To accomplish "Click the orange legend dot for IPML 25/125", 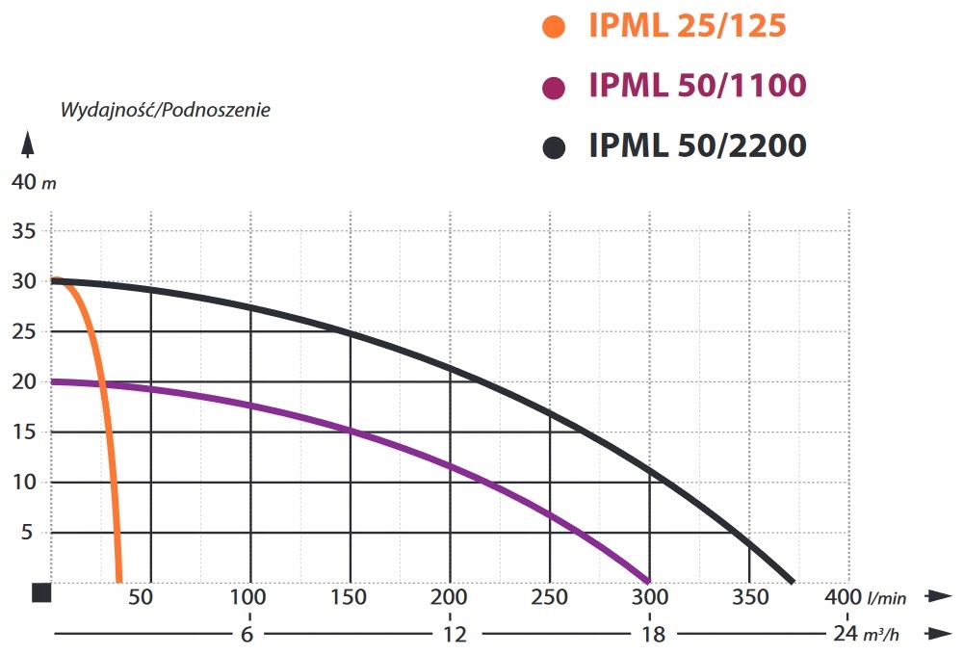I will click(x=554, y=26).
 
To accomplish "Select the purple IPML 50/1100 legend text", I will click(x=697, y=87).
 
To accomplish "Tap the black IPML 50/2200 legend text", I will click(x=697, y=146).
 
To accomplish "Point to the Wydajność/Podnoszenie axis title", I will click(x=166, y=109).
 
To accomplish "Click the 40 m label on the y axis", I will click(x=28, y=182).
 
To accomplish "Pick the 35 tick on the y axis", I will click(x=25, y=232).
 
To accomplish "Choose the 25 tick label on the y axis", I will click(x=25, y=332).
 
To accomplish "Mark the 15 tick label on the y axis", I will click(x=25, y=432).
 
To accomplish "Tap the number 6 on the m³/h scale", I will click(x=249, y=634).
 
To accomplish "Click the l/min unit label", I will click(x=887, y=599).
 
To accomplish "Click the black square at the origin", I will click(x=41, y=592).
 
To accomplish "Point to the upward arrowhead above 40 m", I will click(x=28, y=145).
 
